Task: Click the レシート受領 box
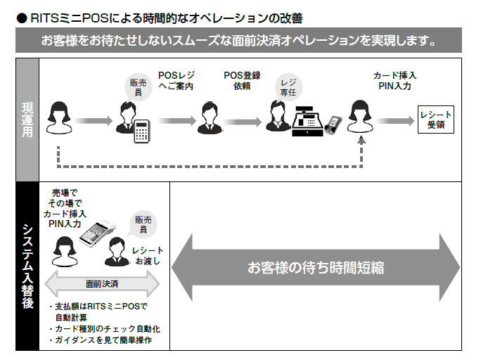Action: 435,120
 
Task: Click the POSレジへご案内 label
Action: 176,81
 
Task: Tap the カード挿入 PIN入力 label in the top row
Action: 396,81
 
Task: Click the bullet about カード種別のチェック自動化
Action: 105,329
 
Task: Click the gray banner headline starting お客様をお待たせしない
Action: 239,39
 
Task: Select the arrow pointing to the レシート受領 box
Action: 397,121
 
